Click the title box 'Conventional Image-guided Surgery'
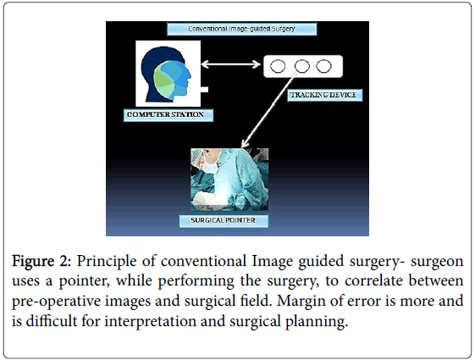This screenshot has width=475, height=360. click(242, 29)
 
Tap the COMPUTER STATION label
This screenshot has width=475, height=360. click(168, 115)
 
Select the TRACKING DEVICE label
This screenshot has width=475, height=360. click(324, 95)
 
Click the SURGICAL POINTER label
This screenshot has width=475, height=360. click(224, 220)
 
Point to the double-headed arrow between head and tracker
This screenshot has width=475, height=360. click(230, 64)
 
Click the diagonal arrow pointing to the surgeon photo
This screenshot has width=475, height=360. click(268, 111)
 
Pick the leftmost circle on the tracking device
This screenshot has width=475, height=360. click(278, 66)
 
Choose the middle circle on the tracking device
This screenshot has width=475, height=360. click(302, 66)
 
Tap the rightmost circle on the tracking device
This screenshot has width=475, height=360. click(323, 66)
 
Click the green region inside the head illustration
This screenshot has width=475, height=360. click(162, 80)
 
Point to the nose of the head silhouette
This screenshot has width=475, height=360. click(190, 75)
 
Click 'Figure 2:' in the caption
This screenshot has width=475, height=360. click(41, 261)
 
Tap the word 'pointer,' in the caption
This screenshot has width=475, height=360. click(84, 281)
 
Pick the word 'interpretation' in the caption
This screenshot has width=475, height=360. click(150, 321)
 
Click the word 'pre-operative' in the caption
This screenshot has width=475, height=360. click(57, 302)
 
